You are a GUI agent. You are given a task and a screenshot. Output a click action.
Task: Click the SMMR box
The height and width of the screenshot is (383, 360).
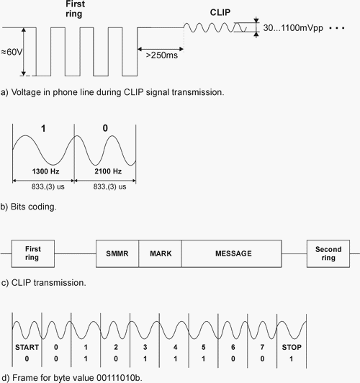pyautogui.click(x=117, y=253)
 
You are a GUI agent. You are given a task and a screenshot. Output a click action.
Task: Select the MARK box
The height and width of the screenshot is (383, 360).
pyautogui.click(x=161, y=253)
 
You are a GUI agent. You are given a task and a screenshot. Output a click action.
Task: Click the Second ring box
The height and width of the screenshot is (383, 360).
pyautogui.click(x=328, y=253)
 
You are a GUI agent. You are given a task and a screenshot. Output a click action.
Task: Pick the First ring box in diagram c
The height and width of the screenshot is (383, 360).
pyautogui.click(x=33, y=253)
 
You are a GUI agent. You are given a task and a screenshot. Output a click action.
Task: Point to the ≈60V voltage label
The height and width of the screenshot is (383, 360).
pyautogui.click(x=12, y=52)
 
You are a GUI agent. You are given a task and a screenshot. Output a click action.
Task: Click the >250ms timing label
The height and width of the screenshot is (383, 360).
pyautogui.click(x=162, y=55)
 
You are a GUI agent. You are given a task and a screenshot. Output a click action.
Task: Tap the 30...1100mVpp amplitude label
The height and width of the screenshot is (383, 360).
pyautogui.click(x=293, y=28)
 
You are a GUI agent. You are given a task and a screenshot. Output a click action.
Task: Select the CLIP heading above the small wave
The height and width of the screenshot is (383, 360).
pyautogui.click(x=220, y=12)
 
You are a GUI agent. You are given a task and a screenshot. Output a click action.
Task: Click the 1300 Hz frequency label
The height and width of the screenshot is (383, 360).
pyautogui.click(x=45, y=171)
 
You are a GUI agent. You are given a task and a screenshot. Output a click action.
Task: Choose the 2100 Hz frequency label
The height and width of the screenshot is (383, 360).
pyautogui.click(x=108, y=171)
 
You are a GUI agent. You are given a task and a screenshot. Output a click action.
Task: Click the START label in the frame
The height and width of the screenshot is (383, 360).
pyautogui.click(x=27, y=347)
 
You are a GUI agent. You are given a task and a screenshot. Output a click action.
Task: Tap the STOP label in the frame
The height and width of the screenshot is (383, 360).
pyautogui.click(x=292, y=347)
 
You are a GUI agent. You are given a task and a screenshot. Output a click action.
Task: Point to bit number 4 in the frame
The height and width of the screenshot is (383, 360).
pyautogui.click(x=175, y=347)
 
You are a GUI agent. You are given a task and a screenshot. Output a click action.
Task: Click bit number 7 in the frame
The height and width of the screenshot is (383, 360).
pyautogui.click(x=262, y=347)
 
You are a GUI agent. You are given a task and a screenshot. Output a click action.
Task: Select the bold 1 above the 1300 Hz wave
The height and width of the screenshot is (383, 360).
pyautogui.click(x=43, y=128)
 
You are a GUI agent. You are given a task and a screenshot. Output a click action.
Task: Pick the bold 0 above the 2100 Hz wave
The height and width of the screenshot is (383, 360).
pyautogui.click(x=105, y=128)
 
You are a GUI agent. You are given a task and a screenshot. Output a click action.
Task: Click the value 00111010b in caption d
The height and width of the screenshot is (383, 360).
pyautogui.click(x=119, y=378)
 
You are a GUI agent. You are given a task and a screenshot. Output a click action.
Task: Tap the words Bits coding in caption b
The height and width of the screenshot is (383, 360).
pyautogui.click(x=33, y=207)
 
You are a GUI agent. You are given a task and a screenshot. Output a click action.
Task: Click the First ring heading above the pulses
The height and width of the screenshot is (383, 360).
pyautogui.click(x=74, y=9)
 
